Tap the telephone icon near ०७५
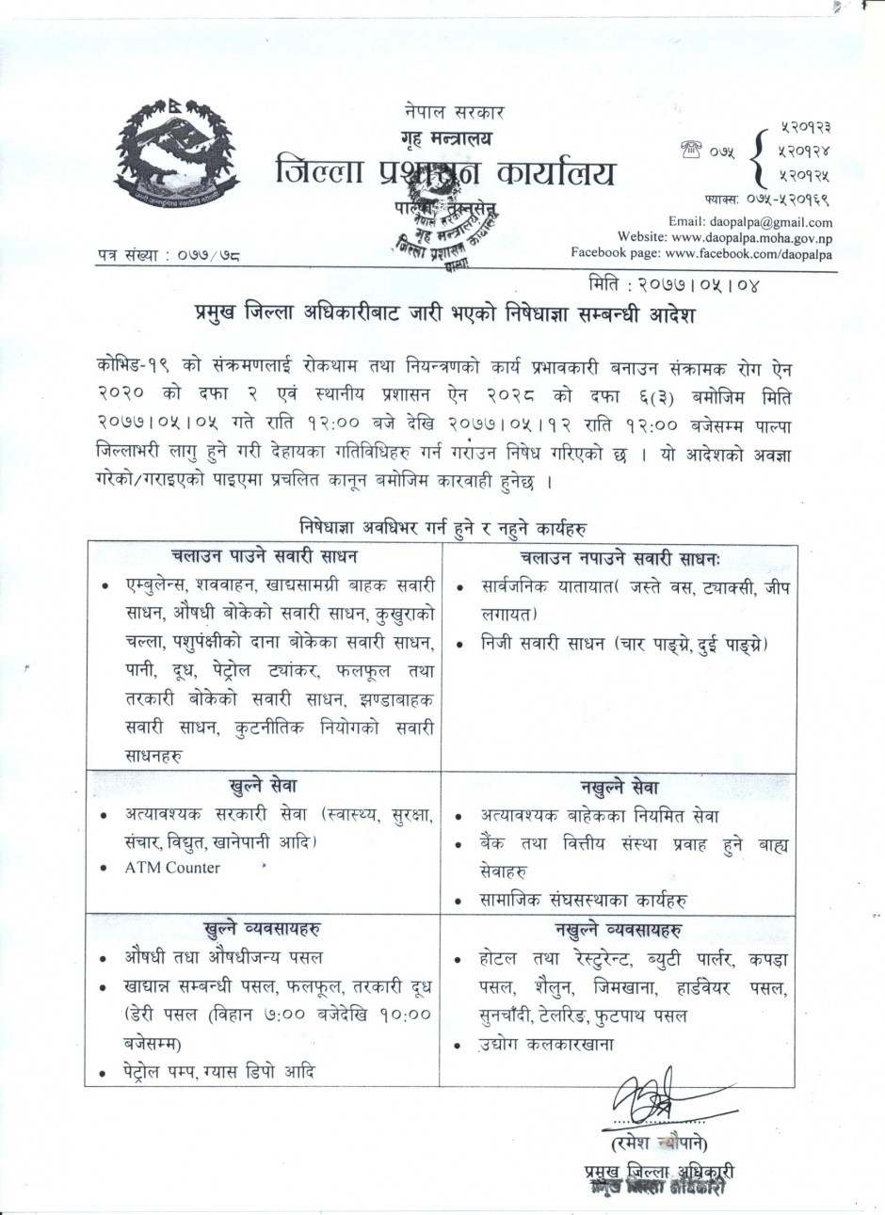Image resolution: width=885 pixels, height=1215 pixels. pos(693,147)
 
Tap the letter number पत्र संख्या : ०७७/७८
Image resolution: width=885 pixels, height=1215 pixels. pos(168,254)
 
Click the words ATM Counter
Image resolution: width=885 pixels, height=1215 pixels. pos(172,868)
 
